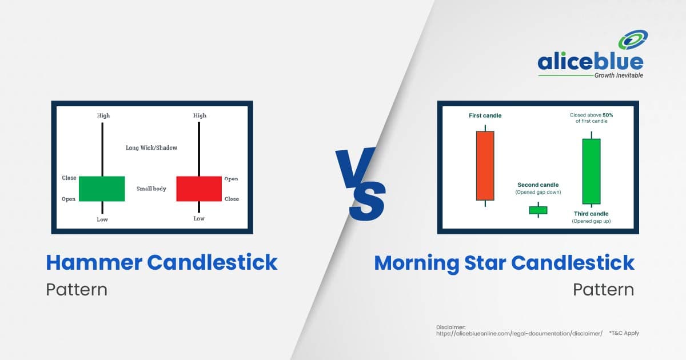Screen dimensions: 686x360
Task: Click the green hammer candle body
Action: (x=102, y=189)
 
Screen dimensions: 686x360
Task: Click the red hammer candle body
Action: (x=199, y=189)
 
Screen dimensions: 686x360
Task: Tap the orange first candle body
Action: (x=485, y=166)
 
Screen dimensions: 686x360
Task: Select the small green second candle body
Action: (x=538, y=210)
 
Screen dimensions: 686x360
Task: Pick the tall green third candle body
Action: (x=591, y=171)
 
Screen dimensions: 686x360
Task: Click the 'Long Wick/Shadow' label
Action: (x=151, y=148)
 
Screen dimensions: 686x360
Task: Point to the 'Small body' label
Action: (x=151, y=189)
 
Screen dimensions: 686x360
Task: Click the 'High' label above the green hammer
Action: (x=103, y=115)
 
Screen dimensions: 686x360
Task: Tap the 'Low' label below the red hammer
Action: (x=199, y=218)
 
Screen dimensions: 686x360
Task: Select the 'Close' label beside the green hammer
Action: (x=69, y=178)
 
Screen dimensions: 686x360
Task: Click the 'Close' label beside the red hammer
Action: (x=232, y=199)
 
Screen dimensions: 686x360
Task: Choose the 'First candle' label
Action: (x=485, y=115)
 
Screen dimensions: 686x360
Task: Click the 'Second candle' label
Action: (x=538, y=185)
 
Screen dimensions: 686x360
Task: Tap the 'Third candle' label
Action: (x=591, y=214)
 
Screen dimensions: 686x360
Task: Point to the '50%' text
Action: (x=608, y=115)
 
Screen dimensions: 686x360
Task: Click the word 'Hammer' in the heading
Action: (x=94, y=263)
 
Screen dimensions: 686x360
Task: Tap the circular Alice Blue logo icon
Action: (x=633, y=39)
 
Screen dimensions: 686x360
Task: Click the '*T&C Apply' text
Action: (x=624, y=333)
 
